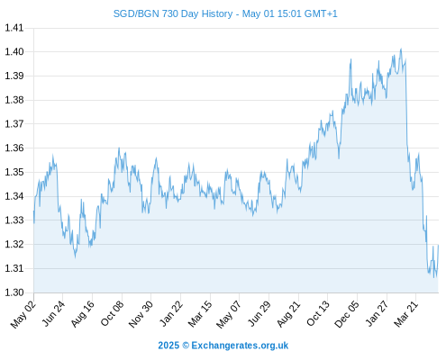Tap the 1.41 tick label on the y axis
click(14, 28)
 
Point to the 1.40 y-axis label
click(14, 52)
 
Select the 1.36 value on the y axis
click(14, 148)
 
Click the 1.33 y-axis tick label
click(14, 220)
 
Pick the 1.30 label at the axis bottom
click(14, 292)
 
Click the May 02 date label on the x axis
click(23, 314)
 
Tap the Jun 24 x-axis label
click(53, 314)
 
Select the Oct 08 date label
click(112, 314)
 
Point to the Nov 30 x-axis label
click(141, 314)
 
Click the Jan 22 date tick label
click(170, 314)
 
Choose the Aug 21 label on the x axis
click(288, 314)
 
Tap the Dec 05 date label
click(347, 314)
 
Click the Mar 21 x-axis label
click(405, 314)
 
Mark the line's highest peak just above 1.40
click(401, 49)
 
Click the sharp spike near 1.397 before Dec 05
click(350, 59)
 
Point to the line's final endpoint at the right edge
click(439, 245)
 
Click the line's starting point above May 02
click(33, 211)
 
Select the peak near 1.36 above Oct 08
click(119, 148)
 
